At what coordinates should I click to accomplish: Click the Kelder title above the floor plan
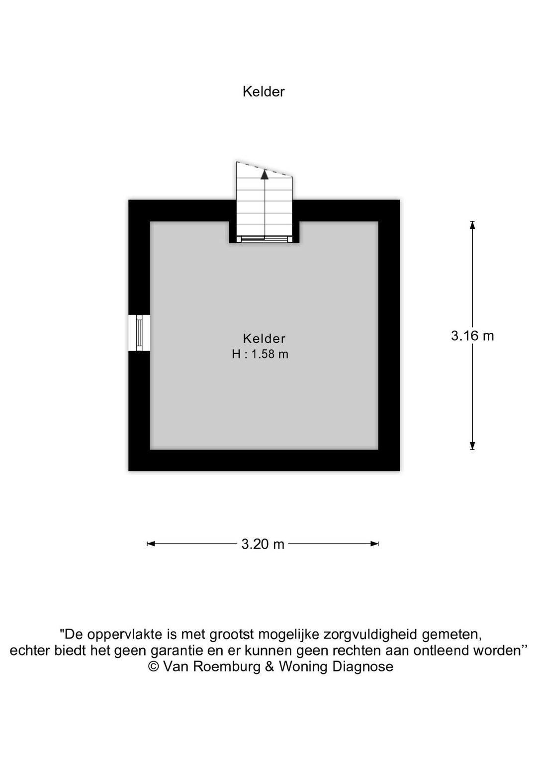tap(263, 92)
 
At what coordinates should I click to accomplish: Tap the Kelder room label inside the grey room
tap(264, 338)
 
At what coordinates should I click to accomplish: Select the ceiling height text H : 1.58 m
tap(260, 354)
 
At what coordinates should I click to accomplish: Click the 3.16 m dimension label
tap(472, 336)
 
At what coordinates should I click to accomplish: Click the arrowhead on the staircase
tap(264, 175)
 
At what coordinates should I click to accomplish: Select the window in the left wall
tap(139, 332)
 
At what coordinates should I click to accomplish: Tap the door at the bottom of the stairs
tap(264, 239)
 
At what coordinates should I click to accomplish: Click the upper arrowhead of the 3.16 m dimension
tap(472, 225)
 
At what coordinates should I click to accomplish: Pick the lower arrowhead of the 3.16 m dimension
tap(472, 446)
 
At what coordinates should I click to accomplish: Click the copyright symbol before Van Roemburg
tap(154, 666)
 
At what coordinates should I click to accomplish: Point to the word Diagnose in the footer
tap(363, 667)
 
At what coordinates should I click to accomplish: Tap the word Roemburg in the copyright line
tap(227, 667)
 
